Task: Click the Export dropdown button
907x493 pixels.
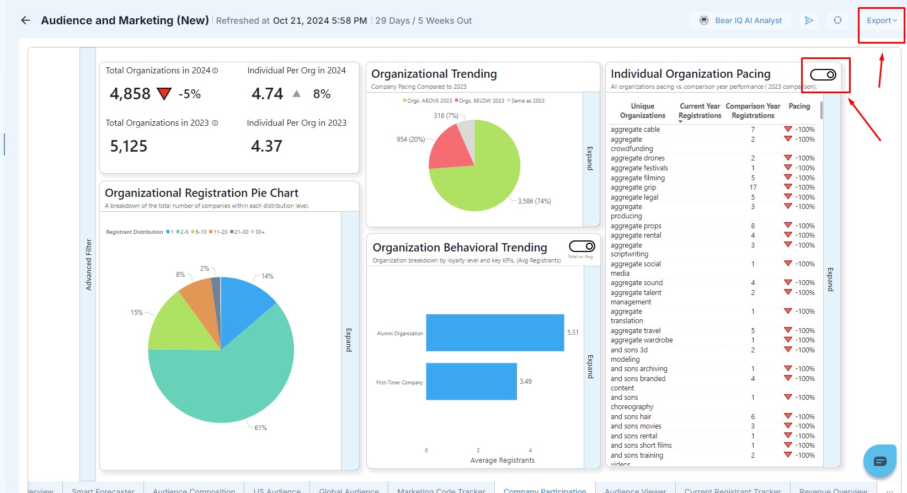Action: tap(881, 20)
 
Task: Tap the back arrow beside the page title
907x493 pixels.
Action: tap(25, 20)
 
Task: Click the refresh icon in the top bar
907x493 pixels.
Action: tap(837, 20)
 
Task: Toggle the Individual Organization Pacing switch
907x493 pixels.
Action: tap(823, 74)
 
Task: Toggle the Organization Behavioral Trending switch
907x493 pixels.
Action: tap(582, 246)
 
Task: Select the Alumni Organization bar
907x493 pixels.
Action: tap(495, 333)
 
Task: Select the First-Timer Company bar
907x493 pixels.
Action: tap(471, 381)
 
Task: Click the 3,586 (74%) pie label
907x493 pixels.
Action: tap(534, 201)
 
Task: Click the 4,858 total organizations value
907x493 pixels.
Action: tap(130, 94)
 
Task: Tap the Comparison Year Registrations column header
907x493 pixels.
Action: tap(753, 111)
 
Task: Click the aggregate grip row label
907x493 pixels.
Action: tap(633, 187)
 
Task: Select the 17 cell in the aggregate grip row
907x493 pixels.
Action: tap(753, 187)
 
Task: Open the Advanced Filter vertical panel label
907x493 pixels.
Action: tap(88, 265)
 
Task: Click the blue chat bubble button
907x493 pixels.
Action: tap(879, 461)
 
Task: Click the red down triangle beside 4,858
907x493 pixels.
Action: tap(164, 94)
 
